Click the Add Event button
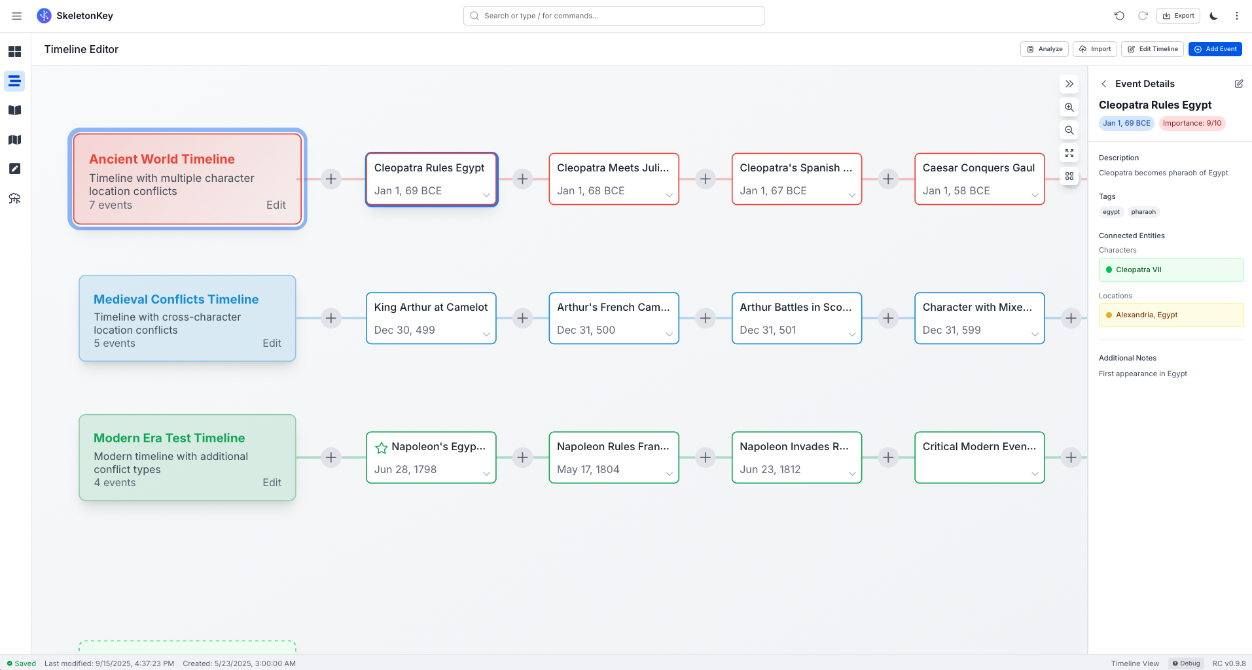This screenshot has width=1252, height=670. click(x=1215, y=49)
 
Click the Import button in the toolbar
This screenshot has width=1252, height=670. click(x=1094, y=49)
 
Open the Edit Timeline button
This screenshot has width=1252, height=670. click(x=1152, y=49)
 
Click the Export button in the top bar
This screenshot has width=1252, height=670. click(x=1178, y=16)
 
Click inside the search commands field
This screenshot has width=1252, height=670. click(x=613, y=16)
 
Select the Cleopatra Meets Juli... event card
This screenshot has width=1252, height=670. click(x=613, y=179)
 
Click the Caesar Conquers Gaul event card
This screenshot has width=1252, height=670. click(x=979, y=179)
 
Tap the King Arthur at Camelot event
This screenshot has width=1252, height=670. click(x=431, y=318)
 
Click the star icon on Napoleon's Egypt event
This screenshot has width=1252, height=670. click(x=382, y=448)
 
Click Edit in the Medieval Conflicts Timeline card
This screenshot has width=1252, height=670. click(x=272, y=343)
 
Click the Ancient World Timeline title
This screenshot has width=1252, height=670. click(x=162, y=159)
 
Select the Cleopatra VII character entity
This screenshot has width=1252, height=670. click(x=1170, y=270)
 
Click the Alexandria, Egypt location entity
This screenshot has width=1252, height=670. click(x=1170, y=315)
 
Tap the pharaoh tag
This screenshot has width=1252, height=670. click(x=1143, y=212)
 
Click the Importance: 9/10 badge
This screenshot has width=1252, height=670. click(x=1191, y=123)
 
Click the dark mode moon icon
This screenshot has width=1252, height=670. click(x=1213, y=16)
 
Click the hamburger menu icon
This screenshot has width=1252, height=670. click(x=17, y=16)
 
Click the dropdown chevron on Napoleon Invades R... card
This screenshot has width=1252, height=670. click(x=851, y=474)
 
